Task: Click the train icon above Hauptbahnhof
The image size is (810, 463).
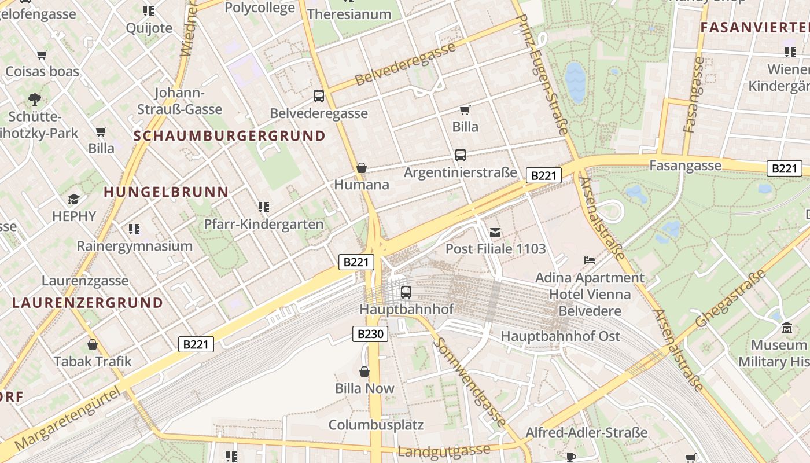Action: pyautogui.click(x=406, y=292)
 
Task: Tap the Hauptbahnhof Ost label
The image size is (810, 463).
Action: pyautogui.click(x=560, y=336)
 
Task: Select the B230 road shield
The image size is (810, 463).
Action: pyautogui.click(x=370, y=333)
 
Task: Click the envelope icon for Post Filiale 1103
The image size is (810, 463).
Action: pyautogui.click(x=495, y=233)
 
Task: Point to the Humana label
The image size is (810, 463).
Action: pyautogui.click(x=362, y=185)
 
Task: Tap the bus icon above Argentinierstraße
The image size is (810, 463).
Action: pyautogui.click(x=461, y=155)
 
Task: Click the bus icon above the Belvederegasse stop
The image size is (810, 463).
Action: pyautogui.click(x=319, y=96)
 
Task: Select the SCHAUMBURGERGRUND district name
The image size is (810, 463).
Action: pyautogui.click(x=230, y=136)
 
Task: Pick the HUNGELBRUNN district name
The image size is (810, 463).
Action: pyautogui.click(x=166, y=192)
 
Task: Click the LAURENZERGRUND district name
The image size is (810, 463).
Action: pyautogui.click(x=87, y=303)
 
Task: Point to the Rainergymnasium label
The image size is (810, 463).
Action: pyautogui.click(x=135, y=245)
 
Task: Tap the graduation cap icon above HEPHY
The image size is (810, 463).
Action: pyautogui.click(x=73, y=200)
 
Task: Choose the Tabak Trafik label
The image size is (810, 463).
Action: pyautogui.click(x=93, y=361)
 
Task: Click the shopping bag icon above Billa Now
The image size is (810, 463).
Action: pyautogui.click(x=365, y=372)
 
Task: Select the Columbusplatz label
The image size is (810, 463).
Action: pyautogui.click(x=376, y=425)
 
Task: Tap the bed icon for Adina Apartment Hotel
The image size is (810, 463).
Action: pyautogui.click(x=590, y=260)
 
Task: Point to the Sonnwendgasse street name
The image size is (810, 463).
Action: pyautogui.click(x=470, y=382)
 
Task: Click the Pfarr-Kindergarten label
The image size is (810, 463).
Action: pyautogui.click(x=264, y=224)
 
